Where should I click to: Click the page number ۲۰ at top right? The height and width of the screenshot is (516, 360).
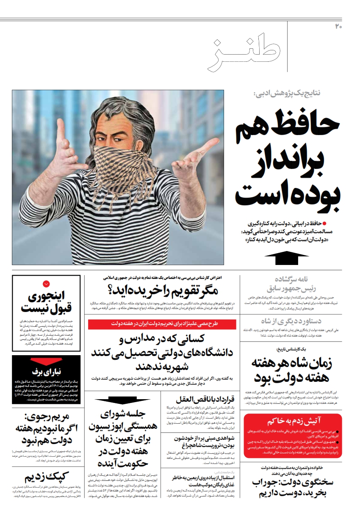click(338, 27)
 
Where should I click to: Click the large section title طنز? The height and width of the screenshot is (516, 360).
click(244, 54)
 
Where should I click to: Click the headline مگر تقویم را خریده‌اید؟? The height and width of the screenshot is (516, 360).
click(162, 291)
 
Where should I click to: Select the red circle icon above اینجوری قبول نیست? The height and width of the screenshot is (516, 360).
click(46, 284)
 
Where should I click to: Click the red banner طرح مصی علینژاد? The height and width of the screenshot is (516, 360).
click(162, 324)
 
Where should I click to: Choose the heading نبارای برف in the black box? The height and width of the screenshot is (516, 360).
click(46, 372)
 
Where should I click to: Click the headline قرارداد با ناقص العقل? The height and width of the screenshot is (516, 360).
click(199, 399)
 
